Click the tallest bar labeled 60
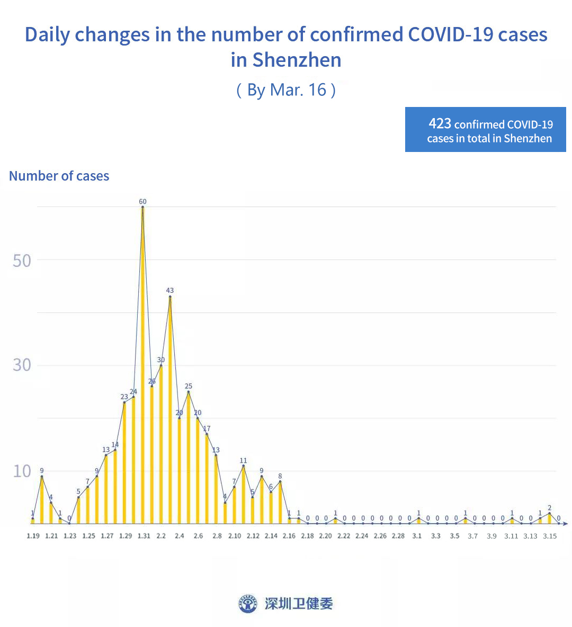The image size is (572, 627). point(142,365)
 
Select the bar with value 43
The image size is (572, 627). point(170,410)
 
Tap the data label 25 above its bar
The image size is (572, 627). point(189,386)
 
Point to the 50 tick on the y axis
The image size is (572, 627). point(22,261)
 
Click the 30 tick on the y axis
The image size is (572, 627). point(22,365)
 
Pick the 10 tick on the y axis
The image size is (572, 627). point(22,471)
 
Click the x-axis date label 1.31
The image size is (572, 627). point(144,536)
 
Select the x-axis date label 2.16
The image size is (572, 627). point(289,536)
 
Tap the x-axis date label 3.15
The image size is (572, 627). point(550,536)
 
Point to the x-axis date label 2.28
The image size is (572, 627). point(398,536)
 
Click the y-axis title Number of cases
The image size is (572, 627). point(59,176)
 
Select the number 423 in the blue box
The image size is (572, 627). point(440,123)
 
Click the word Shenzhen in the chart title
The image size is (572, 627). point(297,60)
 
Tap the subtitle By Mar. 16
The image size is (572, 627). point(286,89)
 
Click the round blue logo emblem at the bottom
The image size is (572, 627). point(248,603)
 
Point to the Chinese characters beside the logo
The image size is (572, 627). point(299,603)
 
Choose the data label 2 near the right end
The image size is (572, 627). point(550,508)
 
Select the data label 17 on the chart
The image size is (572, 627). point(207,428)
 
